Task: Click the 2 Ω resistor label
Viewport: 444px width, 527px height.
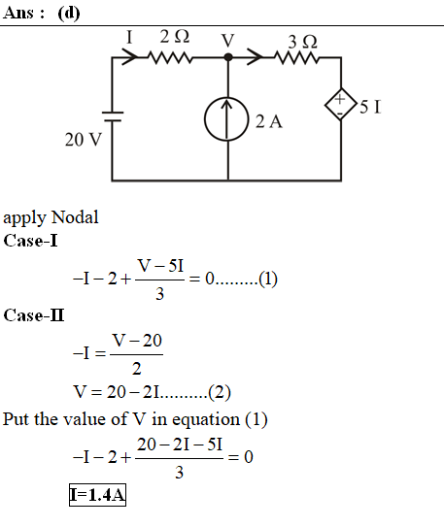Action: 175,36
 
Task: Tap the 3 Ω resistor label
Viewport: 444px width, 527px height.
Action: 302,42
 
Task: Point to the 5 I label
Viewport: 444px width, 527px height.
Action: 370,107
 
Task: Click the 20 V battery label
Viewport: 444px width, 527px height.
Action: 84,139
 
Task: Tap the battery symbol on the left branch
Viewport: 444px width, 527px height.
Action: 113,116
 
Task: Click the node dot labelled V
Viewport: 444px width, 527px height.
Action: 228,57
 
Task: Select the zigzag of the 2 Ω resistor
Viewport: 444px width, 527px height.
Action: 170,57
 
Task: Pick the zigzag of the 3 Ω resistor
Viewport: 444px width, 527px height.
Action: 296,57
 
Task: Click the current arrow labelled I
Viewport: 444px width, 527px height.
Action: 129,57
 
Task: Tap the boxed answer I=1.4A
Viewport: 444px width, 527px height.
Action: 97,495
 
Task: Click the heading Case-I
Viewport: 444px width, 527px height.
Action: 30,241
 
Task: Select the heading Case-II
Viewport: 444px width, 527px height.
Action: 34,315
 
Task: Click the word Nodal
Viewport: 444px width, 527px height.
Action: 76,217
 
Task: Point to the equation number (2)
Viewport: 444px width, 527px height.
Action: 220,392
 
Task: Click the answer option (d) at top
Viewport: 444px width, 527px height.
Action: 69,14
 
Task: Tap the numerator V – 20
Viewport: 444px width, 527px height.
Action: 137,341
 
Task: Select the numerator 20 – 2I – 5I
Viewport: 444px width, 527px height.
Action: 180,445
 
